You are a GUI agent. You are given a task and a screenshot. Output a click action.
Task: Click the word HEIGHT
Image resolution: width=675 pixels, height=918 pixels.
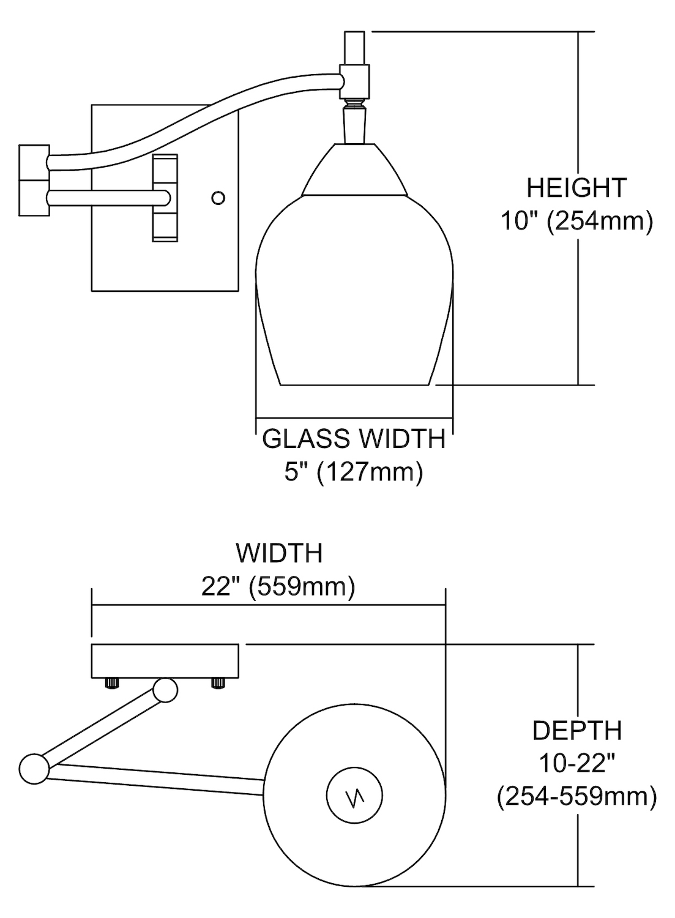point(576,188)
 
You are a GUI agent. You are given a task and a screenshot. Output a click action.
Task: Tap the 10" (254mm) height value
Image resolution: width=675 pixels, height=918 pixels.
point(576,221)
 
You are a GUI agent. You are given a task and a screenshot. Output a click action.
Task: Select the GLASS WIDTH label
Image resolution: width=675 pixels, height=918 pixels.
point(354,439)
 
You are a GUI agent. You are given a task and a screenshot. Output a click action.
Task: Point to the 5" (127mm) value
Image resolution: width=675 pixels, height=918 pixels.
point(354,472)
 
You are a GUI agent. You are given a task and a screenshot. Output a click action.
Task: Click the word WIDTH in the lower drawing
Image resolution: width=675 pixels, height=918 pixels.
point(279,553)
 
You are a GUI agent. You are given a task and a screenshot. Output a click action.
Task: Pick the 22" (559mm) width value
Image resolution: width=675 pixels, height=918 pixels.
point(278,587)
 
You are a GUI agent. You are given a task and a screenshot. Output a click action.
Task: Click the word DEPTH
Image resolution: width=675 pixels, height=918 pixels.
point(576,731)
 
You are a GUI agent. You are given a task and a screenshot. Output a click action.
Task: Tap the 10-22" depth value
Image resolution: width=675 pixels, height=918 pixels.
point(576,763)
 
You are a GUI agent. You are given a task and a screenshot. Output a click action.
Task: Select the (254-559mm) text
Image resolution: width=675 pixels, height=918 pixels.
point(576,796)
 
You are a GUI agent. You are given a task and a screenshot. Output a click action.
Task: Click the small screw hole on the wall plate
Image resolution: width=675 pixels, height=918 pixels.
point(218,198)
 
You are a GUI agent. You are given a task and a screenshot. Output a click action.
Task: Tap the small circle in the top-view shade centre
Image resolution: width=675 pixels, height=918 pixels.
point(354,796)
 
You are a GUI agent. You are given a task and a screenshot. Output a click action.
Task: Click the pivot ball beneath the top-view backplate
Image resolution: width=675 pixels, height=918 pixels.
point(165,690)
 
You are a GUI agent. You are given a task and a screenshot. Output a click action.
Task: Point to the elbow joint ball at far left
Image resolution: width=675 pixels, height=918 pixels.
point(34,769)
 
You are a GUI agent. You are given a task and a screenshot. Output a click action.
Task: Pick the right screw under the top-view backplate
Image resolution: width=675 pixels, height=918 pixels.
point(217,683)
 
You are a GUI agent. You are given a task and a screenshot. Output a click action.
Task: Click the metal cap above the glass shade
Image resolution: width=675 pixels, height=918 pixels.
point(355,170)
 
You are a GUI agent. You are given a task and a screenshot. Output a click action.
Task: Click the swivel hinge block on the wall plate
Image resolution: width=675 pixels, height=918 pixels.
point(165,197)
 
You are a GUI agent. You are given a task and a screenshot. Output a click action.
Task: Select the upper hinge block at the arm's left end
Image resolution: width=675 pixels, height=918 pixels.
point(34,162)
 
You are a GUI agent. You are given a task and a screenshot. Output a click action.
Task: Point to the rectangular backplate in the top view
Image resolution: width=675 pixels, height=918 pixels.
point(165,661)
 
